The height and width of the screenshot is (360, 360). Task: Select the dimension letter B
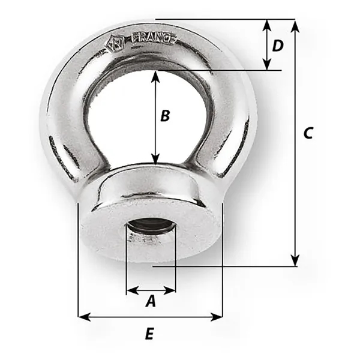click(166, 116)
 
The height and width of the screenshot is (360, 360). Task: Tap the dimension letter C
click(307, 133)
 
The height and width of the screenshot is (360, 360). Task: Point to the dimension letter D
click(277, 46)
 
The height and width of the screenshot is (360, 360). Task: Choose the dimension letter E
click(149, 334)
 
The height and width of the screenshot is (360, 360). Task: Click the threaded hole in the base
click(150, 229)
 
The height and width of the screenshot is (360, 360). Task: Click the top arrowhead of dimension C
click(295, 25)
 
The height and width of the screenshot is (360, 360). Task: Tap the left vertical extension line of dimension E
click(79, 258)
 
